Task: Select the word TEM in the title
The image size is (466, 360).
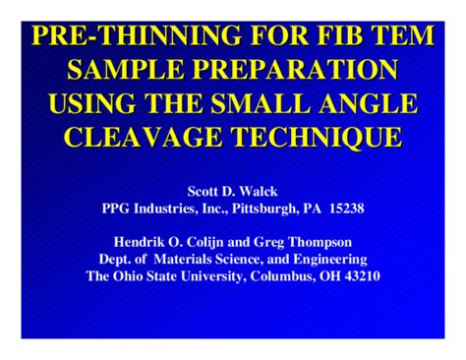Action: (397, 37)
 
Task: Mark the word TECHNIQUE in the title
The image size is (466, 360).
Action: (320, 136)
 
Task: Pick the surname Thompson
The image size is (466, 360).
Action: (322, 242)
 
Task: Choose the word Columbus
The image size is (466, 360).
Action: (277, 275)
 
